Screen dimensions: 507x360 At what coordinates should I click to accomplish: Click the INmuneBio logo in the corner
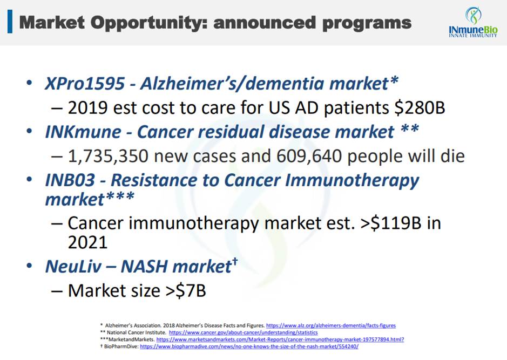tap(473, 22)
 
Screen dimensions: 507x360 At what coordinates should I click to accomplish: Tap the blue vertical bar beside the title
tap(10, 22)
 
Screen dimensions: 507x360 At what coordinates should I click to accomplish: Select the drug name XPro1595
tap(85, 83)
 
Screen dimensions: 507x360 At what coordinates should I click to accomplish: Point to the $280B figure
tap(420, 107)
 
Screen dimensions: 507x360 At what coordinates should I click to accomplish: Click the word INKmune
tap(83, 132)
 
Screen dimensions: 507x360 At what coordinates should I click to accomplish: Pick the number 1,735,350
tap(108, 156)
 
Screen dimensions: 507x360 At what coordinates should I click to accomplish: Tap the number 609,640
tap(309, 156)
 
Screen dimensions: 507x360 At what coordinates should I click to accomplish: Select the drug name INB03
tap(70, 180)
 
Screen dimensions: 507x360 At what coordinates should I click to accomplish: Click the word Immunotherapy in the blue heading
tap(352, 181)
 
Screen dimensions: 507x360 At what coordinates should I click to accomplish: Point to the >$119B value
tap(391, 223)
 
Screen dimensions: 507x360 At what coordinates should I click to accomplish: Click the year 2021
tap(87, 242)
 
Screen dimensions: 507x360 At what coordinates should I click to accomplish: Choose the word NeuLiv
tap(73, 266)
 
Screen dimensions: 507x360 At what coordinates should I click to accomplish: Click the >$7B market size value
tap(186, 290)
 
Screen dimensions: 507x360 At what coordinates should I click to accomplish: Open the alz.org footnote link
tap(331, 325)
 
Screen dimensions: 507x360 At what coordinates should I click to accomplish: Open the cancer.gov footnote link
tap(243, 332)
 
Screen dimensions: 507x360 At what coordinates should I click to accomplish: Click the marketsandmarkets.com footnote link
tap(280, 339)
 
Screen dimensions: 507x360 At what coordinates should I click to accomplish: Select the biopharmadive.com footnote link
tap(249, 347)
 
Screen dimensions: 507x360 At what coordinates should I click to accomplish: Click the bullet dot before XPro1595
tap(29, 83)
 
